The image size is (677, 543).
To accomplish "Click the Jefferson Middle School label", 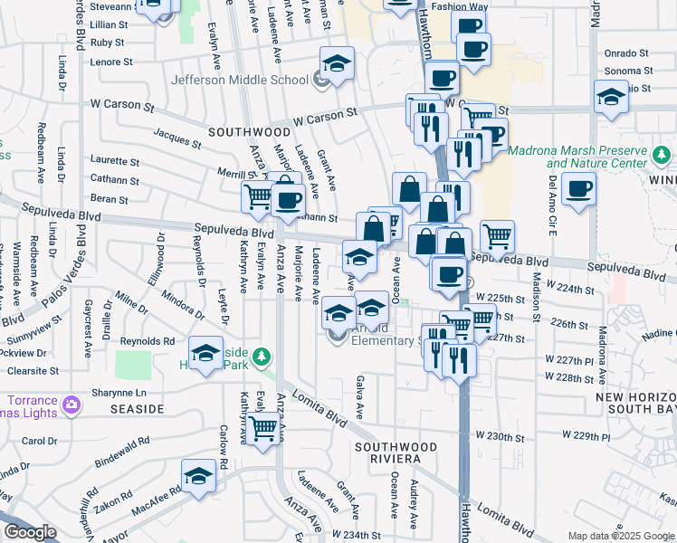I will [242, 80].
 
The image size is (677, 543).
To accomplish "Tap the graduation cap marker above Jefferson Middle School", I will [337, 64].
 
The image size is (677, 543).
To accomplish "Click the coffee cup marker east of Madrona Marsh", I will [578, 189].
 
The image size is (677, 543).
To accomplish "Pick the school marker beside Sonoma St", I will [612, 97].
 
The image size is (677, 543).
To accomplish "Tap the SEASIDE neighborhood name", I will [137, 409].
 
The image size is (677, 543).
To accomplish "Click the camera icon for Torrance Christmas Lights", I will [70, 401].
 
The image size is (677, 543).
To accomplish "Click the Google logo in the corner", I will [29, 532].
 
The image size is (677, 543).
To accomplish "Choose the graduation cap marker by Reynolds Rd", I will [205, 353].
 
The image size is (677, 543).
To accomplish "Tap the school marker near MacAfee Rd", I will [198, 475].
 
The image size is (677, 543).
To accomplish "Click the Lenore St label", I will [112, 62].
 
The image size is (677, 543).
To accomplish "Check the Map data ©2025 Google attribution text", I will [621, 536].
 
